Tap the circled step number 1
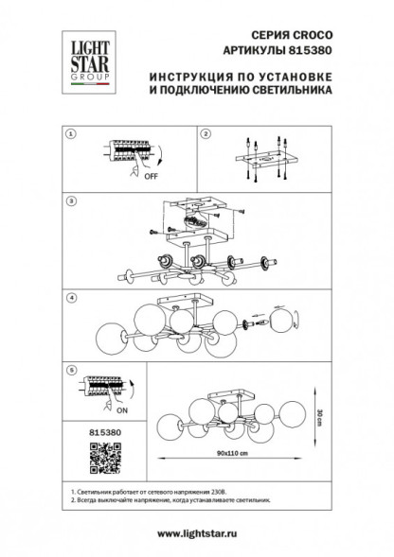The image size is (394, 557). [69, 135]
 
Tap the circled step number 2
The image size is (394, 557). [205, 135]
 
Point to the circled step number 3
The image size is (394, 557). [69, 200]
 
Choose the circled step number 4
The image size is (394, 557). [69, 299]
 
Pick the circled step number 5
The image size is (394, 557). [69, 372]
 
